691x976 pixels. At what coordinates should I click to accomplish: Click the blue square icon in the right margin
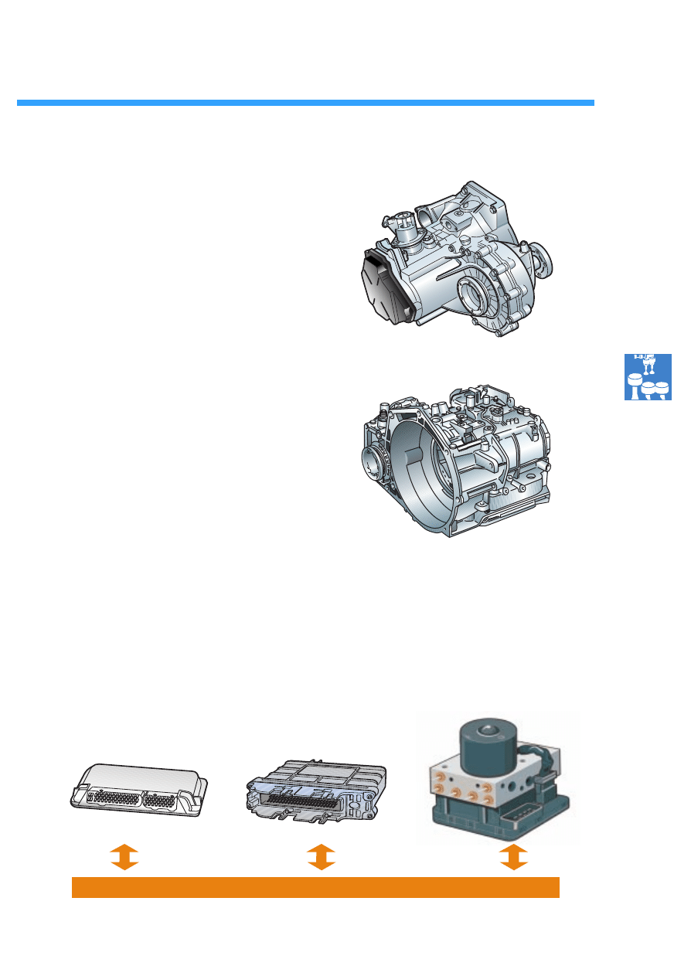point(648,377)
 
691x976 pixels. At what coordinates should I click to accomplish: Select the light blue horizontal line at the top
point(305,103)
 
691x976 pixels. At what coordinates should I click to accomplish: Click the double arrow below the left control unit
point(124,857)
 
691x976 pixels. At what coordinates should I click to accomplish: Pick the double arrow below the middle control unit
point(321,857)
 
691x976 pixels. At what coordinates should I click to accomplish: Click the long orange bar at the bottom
point(315,887)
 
